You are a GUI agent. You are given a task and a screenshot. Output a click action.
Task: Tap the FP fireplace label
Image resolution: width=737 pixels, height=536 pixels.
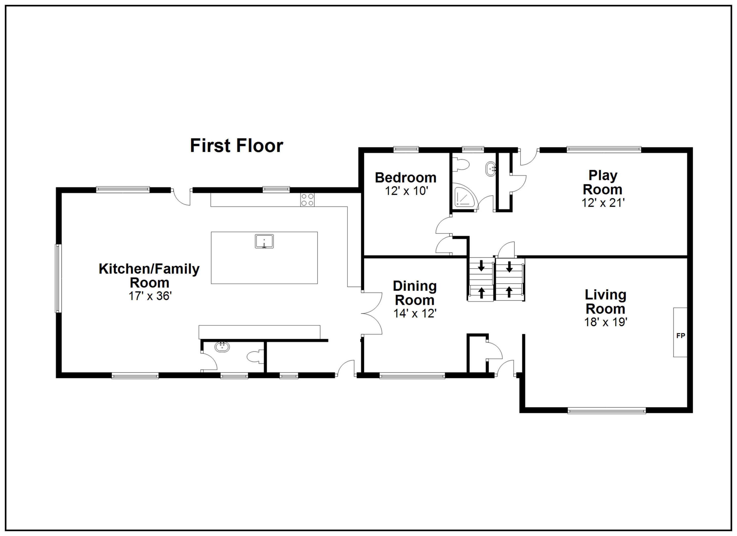pyautogui.click(x=680, y=335)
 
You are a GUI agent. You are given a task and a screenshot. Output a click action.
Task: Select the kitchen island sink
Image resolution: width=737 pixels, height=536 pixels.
pyautogui.click(x=264, y=241)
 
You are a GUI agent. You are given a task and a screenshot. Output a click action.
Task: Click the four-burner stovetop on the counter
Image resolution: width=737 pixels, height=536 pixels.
pyautogui.click(x=307, y=200)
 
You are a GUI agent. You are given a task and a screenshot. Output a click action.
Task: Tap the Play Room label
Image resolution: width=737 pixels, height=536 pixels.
pyautogui.click(x=602, y=182)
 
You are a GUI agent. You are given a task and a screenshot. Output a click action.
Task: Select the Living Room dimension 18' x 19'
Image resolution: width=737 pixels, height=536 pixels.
pyautogui.click(x=605, y=322)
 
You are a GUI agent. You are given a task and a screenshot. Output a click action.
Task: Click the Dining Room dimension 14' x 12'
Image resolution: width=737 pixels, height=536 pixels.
pyautogui.click(x=415, y=313)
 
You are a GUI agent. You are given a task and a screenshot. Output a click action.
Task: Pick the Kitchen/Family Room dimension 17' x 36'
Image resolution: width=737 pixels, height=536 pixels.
pyautogui.click(x=150, y=296)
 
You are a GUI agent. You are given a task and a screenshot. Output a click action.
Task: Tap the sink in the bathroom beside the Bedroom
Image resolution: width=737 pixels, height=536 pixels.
pyautogui.click(x=490, y=169)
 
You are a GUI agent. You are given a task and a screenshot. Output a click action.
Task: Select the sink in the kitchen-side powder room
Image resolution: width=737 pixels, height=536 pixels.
pyautogui.click(x=222, y=347)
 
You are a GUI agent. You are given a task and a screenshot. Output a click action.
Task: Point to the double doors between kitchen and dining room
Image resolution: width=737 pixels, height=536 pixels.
pyautogui.click(x=372, y=313)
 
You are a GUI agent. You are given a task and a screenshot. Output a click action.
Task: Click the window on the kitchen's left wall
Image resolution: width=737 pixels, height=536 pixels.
pyautogui.click(x=58, y=278)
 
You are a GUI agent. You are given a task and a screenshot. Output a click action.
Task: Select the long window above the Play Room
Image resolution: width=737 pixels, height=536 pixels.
pyautogui.click(x=604, y=150)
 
